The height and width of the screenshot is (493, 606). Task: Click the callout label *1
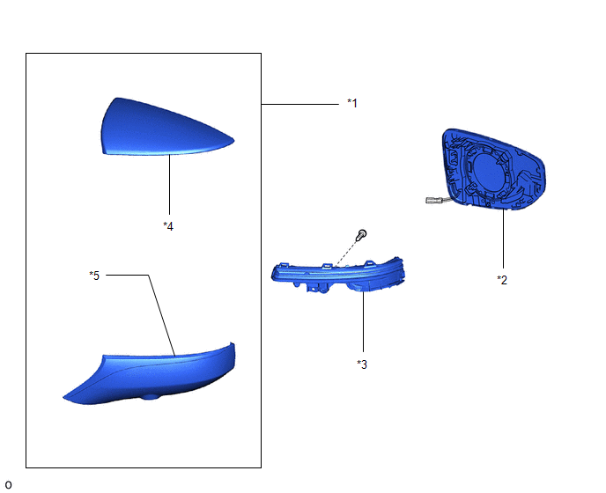click(x=352, y=103)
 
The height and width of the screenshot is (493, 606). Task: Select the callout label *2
click(x=502, y=280)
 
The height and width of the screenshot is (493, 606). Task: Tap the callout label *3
click(x=362, y=364)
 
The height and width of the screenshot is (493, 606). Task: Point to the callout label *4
click(x=168, y=226)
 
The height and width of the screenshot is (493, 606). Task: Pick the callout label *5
click(x=94, y=276)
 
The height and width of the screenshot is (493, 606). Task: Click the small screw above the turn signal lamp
click(x=361, y=234)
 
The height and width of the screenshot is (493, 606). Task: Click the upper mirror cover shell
click(x=167, y=127)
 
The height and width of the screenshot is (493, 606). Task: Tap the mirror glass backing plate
click(x=495, y=170)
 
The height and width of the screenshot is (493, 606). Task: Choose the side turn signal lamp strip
click(x=338, y=275)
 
